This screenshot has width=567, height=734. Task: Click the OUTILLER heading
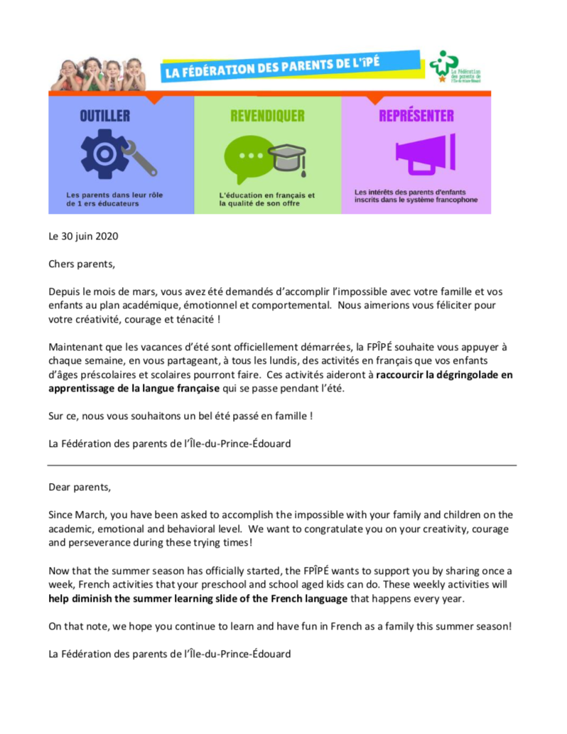point(104,116)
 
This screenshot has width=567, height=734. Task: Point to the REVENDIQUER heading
point(267,116)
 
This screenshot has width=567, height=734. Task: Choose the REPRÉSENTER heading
point(416,116)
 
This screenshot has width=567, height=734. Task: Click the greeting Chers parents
point(80,264)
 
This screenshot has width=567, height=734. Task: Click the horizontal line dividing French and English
point(282,465)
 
